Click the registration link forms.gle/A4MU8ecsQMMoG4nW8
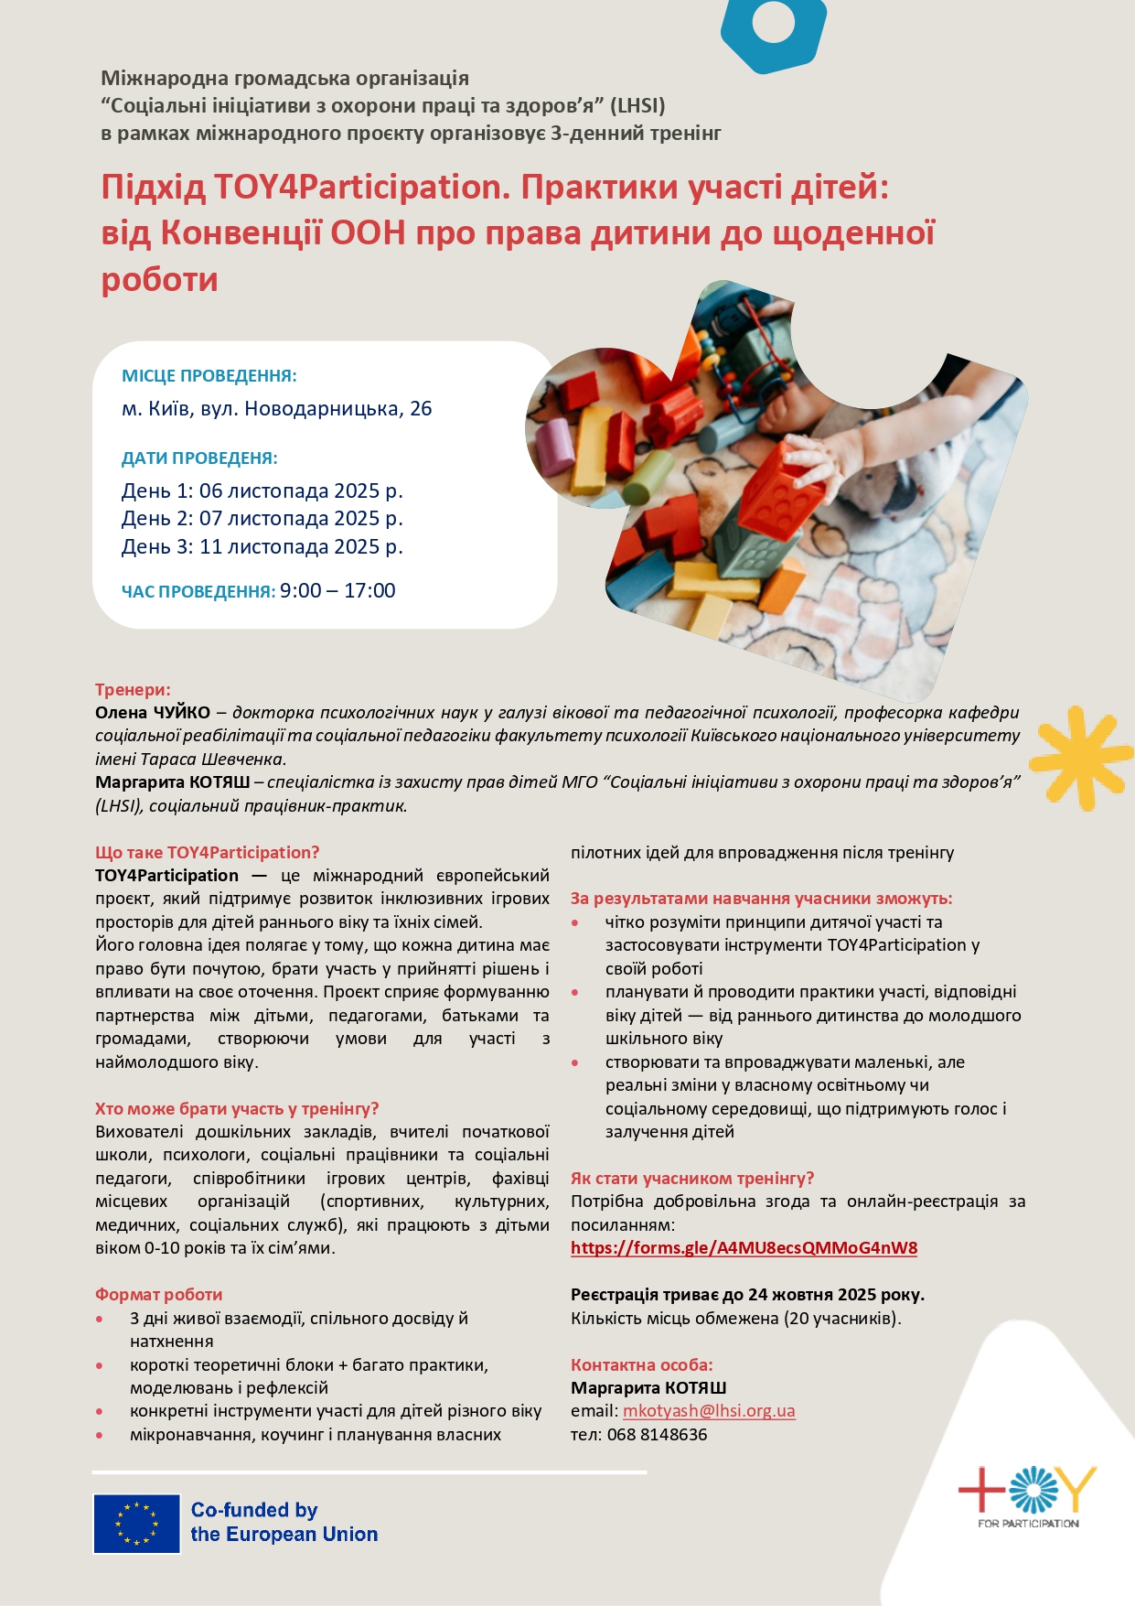tap(744, 1248)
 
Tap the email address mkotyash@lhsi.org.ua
tap(709, 1411)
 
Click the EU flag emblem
tap(137, 1524)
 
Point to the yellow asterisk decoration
tap(1081, 758)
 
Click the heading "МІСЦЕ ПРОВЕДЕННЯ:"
tap(209, 376)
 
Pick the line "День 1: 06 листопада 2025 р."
tap(262, 491)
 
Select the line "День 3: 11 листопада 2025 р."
tap(262, 547)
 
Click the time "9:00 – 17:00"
tap(337, 591)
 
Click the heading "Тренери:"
tap(133, 690)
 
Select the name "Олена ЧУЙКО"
tap(153, 713)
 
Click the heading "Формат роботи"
tap(159, 1295)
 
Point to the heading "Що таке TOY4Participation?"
tap(208, 853)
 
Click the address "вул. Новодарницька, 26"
tap(316, 409)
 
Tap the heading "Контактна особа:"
tap(642, 1365)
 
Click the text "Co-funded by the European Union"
tap(284, 1523)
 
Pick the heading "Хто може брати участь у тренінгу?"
tap(237, 1109)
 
